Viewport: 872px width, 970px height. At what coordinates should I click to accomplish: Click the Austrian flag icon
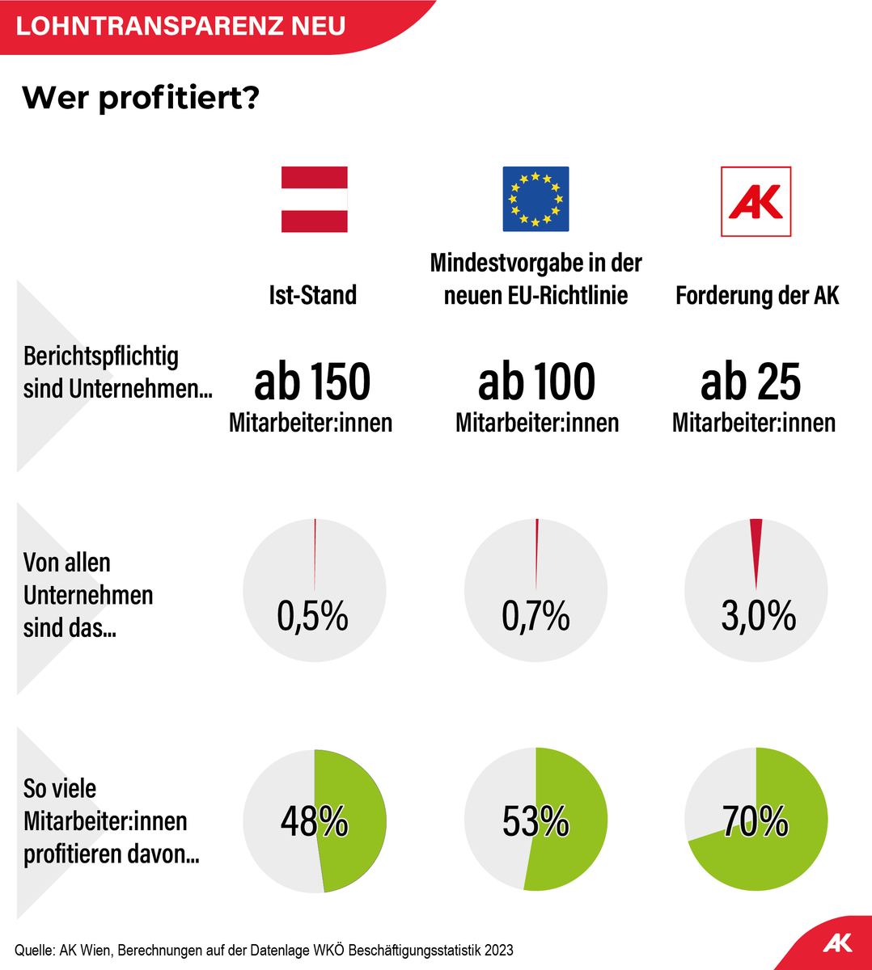coord(314,200)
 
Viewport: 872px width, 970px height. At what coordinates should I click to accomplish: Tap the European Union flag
coord(535,200)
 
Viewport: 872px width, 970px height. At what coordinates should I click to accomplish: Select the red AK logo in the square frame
coord(756,201)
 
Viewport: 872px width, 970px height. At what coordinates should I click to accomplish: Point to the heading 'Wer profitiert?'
coord(141,99)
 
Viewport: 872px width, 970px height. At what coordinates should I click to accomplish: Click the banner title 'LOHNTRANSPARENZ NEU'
coord(180,26)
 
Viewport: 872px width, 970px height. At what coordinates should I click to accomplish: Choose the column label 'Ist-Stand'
coord(313,295)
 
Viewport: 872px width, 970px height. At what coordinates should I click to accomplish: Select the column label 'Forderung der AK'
coord(757,295)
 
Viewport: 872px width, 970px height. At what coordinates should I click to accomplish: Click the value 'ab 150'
coord(312,382)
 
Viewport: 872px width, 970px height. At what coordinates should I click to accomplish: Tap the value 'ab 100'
coord(536,382)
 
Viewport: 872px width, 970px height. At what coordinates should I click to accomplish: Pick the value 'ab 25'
coord(751,382)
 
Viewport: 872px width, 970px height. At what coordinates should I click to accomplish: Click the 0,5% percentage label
coord(312,617)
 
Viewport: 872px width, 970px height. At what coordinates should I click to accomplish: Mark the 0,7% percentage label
coord(535,617)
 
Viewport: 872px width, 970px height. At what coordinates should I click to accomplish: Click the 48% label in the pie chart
coord(314,822)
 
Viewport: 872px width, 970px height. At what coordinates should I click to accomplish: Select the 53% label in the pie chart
coord(535,822)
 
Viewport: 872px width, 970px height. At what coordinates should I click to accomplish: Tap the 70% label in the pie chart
coord(756,822)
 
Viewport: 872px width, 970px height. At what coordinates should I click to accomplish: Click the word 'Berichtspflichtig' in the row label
coord(101,356)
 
